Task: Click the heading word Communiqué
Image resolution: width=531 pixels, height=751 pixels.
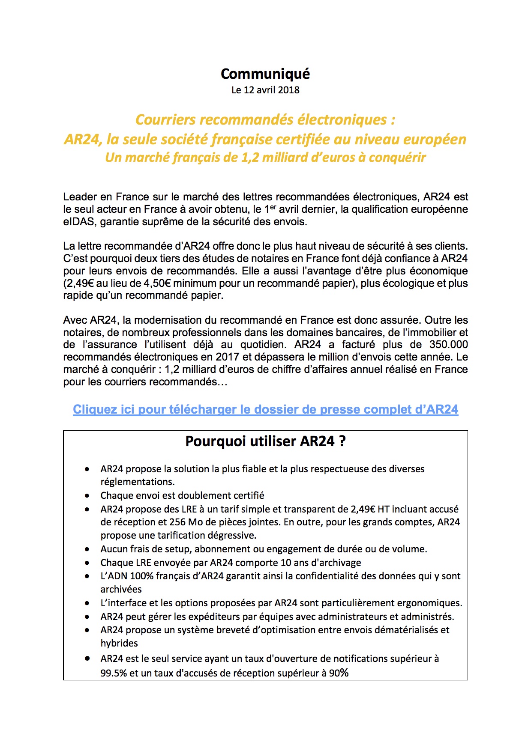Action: pyautogui.click(x=265, y=74)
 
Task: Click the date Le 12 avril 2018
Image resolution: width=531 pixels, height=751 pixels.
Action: pyautogui.click(x=265, y=90)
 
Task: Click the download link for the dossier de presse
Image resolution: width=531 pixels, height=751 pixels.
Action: pyautogui.click(x=265, y=410)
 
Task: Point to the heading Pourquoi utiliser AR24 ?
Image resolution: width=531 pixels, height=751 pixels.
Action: pyautogui.click(x=265, y=441)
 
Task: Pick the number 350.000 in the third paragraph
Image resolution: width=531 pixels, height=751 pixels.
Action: pyautogui.click(x=448, y=345)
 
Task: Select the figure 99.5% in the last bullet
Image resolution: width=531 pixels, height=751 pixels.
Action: pyautogui.click(x=114, y=673)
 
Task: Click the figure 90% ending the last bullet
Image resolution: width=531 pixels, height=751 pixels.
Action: pyautogui.click(x=339, y=673)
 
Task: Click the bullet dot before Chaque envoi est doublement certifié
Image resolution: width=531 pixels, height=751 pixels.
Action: pyautogui.click(x=87, y=496)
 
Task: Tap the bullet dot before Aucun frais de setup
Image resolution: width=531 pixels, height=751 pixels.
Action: pyautogui.click(x=87, y=549)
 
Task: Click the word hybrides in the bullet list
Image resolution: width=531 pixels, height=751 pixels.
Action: pyautogui.click(x=119, y=643)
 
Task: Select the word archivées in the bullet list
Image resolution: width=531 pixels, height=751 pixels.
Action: pyautogui.click(x=121, y=589)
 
